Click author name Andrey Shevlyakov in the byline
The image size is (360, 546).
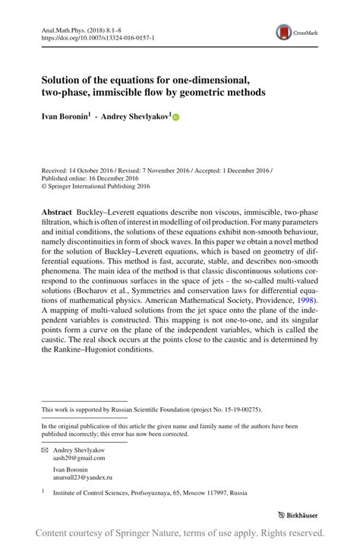[x=134, y=118]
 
